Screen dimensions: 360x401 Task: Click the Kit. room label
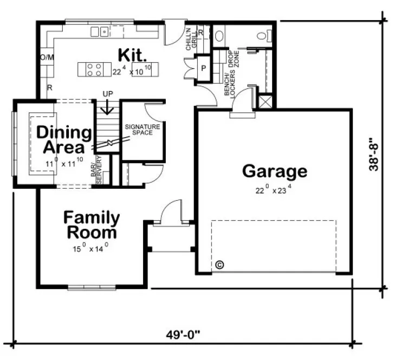(x=132, y=54)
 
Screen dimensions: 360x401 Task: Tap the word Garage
(x=274, y=171)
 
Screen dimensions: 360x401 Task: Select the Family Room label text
(x=92, y=226)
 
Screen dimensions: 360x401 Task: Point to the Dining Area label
(x=64, y=140)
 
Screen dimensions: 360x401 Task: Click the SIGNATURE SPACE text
(x=143, y=130)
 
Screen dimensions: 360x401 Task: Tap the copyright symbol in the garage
(x=219, y=265)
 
